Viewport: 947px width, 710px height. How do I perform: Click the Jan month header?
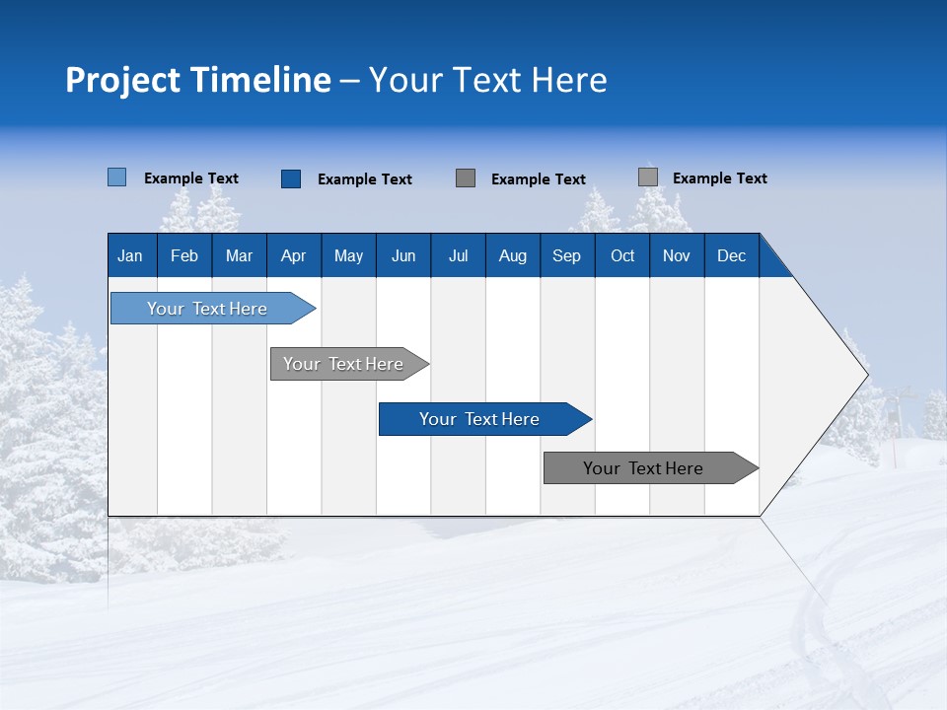130,255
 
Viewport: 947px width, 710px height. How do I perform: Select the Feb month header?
184,255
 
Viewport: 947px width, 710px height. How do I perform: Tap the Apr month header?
293,255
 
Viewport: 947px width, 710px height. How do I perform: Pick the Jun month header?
403,255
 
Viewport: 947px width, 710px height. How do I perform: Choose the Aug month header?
512,255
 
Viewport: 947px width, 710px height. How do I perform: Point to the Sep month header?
566,255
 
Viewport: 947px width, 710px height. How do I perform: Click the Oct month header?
622,255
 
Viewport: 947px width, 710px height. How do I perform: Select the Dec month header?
731,255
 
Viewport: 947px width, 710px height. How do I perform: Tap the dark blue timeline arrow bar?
480,419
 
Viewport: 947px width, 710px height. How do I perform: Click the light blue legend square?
116,177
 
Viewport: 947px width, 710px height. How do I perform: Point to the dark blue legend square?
290,178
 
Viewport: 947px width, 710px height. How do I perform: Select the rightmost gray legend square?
647,177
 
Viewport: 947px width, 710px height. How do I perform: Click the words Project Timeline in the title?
197,80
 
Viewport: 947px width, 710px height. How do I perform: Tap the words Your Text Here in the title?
487,80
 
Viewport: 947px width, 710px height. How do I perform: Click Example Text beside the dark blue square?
364,179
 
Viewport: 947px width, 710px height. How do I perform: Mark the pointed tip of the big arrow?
865,375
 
